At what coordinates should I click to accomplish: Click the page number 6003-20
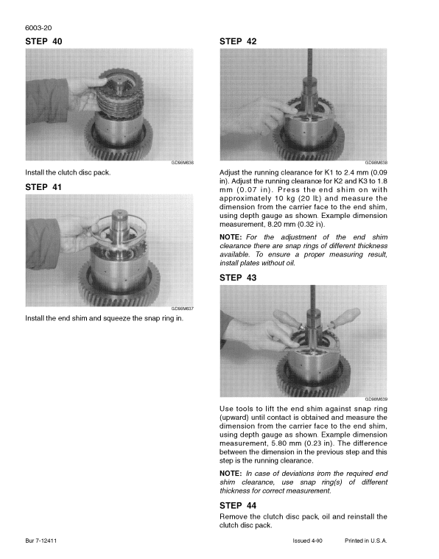(38, 29)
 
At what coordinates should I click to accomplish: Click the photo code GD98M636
(181, 164)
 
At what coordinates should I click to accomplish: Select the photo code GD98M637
(181, 309)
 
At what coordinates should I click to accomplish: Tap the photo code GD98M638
(376, 164)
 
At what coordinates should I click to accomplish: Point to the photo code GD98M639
(376, 399)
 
